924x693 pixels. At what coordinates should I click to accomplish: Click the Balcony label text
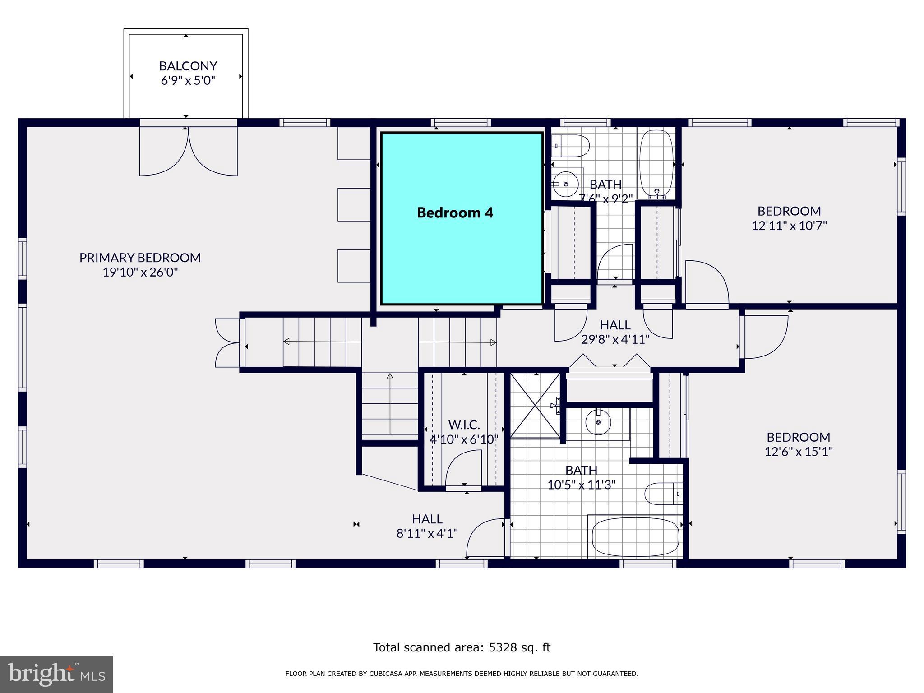tap(188, 66)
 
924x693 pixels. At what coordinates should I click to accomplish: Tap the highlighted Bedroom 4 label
tap(455, 213)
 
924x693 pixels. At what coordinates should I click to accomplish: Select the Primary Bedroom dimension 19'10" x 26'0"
tap(140, 272)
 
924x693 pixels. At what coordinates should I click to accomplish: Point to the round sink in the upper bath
tap(566, 185)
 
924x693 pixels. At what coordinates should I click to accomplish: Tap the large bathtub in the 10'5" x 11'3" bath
tap(635, 537)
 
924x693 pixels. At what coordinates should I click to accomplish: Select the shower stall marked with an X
tap(535, 405)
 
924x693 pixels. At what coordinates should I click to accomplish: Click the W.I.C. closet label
tap(464, 425)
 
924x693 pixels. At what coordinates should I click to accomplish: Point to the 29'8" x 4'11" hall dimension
tap(615, 339)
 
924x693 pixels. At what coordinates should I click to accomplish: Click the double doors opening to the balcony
tap(188, 151)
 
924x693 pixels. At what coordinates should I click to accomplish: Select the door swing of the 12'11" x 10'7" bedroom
tap(705, 283)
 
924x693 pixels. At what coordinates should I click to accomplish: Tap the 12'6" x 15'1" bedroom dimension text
tap(798, 451)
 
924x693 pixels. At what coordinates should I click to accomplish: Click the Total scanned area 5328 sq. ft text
tap(462, 647)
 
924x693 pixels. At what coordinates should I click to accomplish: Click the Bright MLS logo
tap(56, 674)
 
